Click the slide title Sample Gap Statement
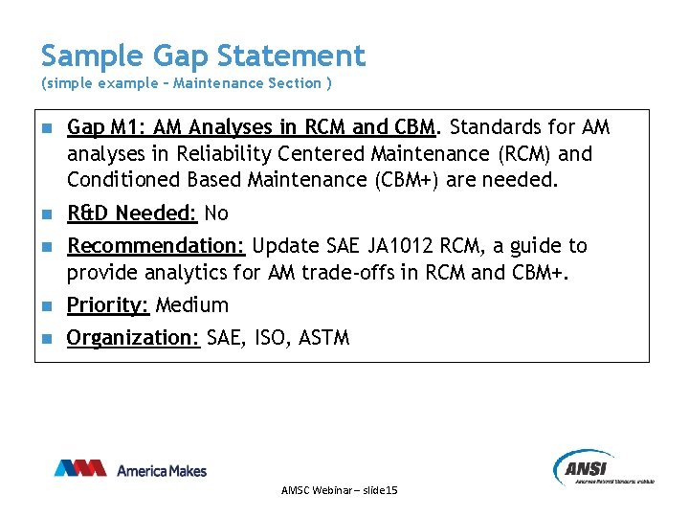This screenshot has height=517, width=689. click(203, 56)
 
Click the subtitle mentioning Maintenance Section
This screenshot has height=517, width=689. click(187, 83)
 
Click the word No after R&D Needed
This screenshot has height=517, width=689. click(216, 213)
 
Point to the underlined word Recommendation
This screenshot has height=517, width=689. click(156, 246)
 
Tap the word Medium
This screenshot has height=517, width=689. click(191, 305)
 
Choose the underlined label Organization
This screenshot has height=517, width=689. click(133, 337)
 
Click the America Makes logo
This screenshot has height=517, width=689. click(130, 469)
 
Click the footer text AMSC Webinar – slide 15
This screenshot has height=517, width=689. click(340, 490)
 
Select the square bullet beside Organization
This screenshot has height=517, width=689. click(44, 339)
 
